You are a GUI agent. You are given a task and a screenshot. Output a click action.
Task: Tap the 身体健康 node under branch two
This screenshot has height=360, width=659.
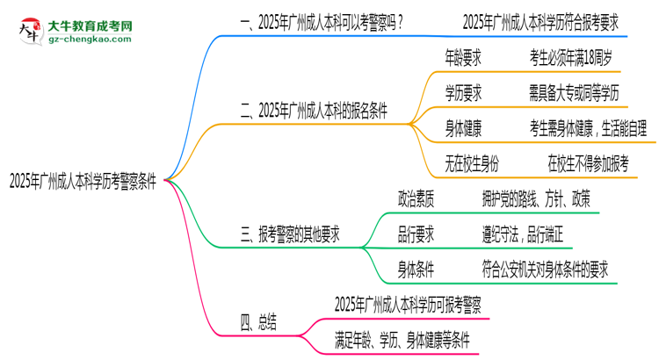[x=463, y=128]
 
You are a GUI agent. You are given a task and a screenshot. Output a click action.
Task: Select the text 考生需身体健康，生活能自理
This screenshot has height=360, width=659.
[x=590, y=128]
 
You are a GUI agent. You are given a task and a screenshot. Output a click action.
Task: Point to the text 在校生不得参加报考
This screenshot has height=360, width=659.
[x=588, y=163]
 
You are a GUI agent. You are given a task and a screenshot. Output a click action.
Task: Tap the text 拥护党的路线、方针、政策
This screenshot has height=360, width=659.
[x=536, y=198]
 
